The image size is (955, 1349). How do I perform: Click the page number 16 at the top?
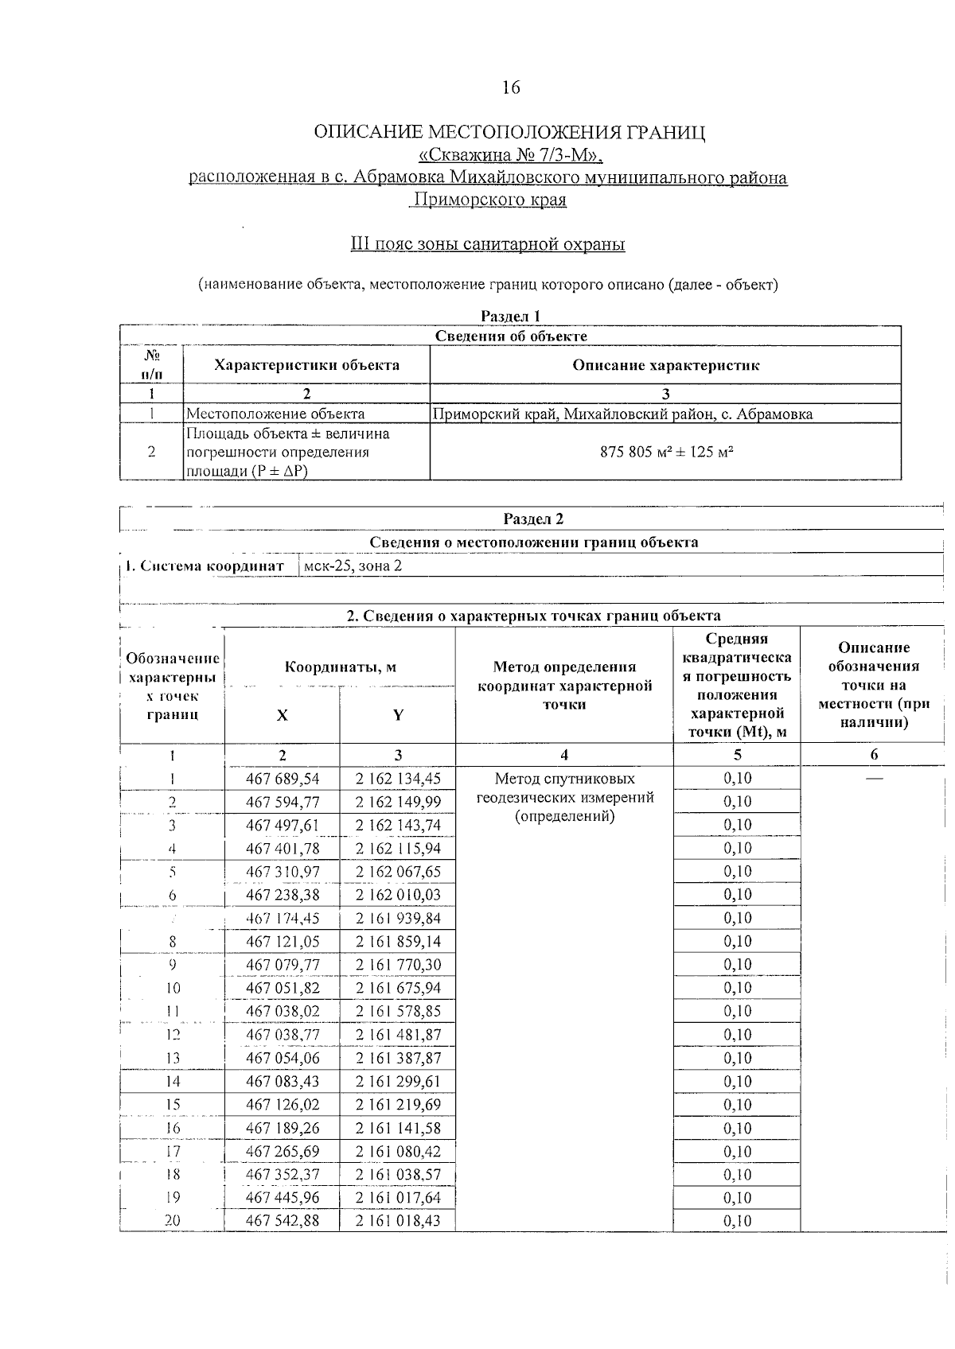pos(511,87)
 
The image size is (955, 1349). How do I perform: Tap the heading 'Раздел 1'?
pos(511,317)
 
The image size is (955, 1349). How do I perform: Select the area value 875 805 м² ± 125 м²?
pos(665,452)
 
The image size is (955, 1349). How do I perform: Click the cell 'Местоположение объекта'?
pos(275,414)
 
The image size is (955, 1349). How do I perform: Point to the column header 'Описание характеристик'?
pos(665,365)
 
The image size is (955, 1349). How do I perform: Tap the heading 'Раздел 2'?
pos(533,519)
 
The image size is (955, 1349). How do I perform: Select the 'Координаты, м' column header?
pos(341,667)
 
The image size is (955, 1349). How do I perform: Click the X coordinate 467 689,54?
pos(283,778)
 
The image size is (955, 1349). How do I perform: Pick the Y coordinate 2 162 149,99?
pos(398,802)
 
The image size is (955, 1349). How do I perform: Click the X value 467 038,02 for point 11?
pos(283,1011)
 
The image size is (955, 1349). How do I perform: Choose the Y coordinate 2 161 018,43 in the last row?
pos(398,1220)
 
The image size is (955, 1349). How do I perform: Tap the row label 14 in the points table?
pos(173,1081)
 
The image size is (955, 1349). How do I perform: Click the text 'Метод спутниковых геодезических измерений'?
pos(564,787)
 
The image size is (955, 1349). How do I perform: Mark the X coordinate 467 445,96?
pos(283,1197)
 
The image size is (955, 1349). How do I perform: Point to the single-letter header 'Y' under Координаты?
pos(398,714)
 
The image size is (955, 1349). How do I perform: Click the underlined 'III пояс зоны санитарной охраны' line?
pos(488,244)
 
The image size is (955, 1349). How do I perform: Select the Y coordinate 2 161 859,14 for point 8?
pos(398,941)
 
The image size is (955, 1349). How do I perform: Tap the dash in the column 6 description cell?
pos(874,778)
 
